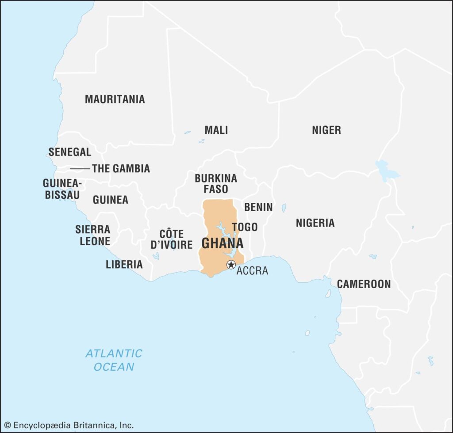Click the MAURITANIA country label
115,99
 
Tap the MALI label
216,130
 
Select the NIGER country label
326,130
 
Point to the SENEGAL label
70,152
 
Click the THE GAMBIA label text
121,168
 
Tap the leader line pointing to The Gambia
80,169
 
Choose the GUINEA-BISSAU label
62,189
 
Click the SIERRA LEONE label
92,235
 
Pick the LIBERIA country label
124,265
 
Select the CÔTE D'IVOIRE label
172,239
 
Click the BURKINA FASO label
216,184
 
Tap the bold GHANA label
223,243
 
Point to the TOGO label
245,227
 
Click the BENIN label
258,207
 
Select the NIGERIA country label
315,223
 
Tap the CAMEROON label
364,284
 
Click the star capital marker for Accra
231,265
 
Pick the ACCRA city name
252,271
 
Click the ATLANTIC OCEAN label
114,360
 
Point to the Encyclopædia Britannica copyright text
69,425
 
